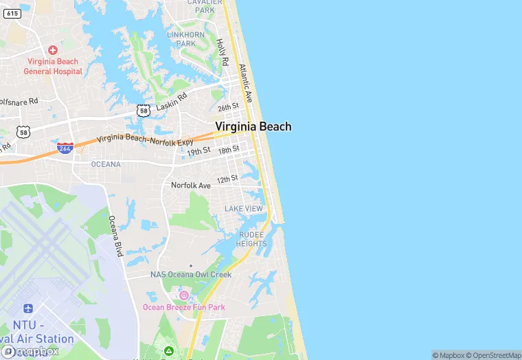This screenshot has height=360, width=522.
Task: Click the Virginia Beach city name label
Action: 253,126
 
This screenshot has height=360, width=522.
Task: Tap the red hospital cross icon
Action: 53,50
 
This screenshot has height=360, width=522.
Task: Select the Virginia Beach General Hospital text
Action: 53,67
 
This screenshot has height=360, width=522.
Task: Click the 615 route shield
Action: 12,13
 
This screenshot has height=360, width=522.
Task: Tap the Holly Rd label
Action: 222,52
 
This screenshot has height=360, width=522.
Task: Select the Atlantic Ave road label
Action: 246,83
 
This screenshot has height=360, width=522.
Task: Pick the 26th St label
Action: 228,107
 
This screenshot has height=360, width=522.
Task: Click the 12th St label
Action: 227,179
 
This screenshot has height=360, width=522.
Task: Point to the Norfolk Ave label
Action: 191,185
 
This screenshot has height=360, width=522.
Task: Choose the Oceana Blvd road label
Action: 115,236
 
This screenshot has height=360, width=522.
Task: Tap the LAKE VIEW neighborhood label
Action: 244,209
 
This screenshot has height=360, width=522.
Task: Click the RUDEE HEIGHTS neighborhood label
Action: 252,239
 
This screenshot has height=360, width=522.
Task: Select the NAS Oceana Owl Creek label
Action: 191,274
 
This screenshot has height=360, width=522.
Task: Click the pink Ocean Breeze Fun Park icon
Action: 183,295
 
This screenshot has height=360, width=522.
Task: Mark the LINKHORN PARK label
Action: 185,38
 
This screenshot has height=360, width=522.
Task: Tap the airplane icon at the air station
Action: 28,309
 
